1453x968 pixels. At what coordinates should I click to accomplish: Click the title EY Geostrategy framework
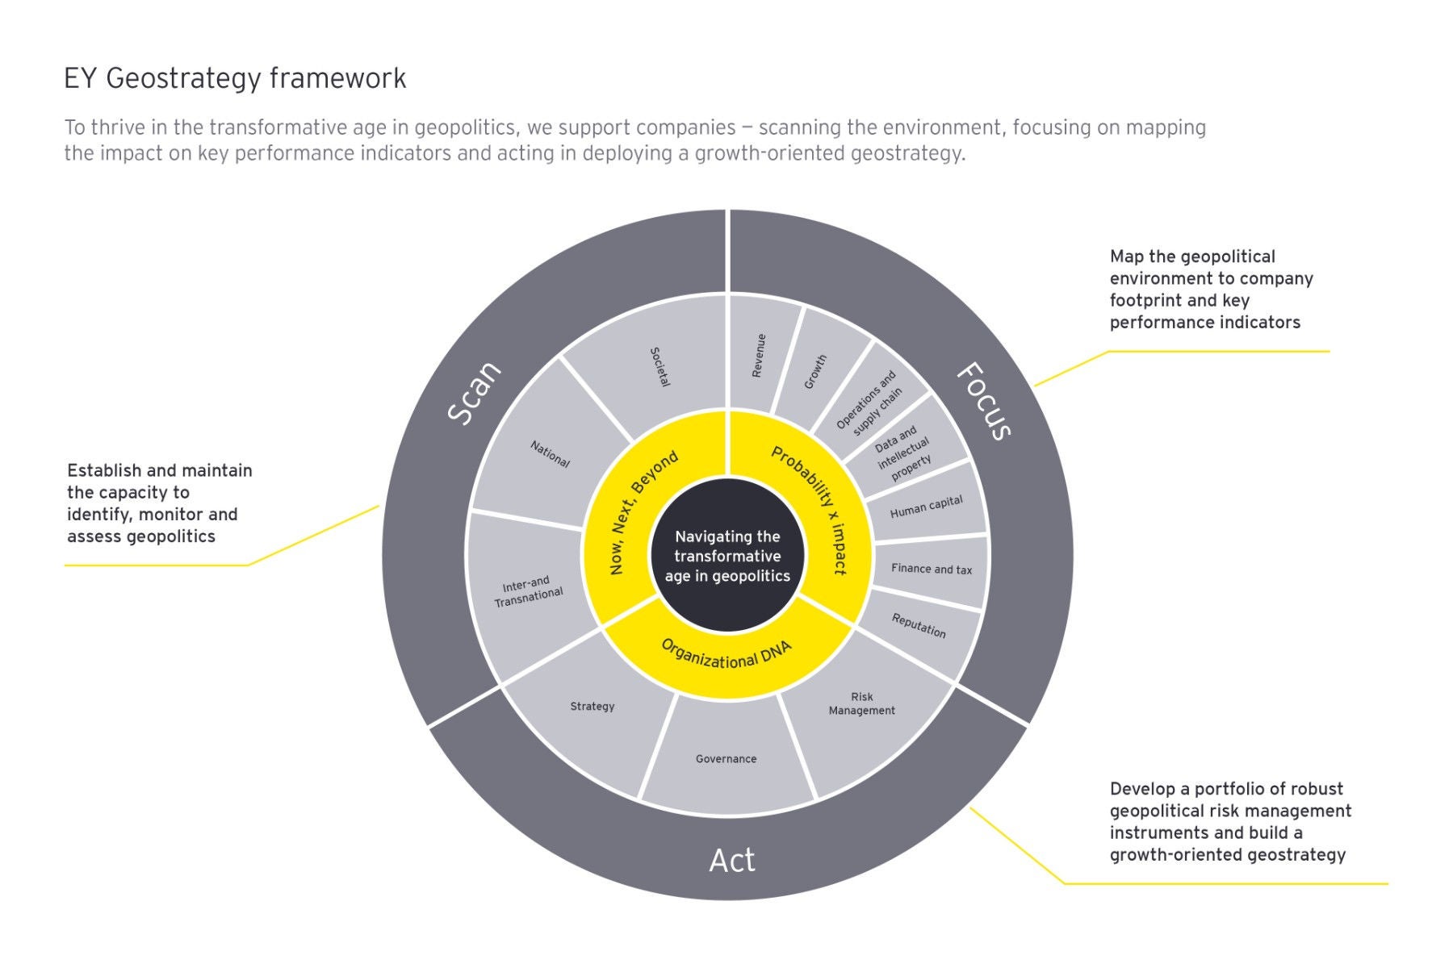point(235,79)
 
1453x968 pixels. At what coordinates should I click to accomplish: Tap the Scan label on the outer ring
point(475,393)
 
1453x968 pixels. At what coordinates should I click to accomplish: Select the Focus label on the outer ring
point(984,401)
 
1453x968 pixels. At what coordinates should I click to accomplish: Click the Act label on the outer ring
point(731,861)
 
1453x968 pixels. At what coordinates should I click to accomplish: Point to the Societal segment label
point(660,367)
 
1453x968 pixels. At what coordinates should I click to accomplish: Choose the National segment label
point(550,454)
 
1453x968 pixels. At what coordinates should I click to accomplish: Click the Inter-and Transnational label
point(528,591)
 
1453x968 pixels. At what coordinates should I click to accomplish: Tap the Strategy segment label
point(593,707)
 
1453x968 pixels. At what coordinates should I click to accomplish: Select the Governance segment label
point(726,759)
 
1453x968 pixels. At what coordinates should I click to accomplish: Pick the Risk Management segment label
point(861,703)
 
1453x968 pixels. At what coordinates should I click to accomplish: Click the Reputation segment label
point(919,625)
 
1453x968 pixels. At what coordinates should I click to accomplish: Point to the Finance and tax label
point(932,569)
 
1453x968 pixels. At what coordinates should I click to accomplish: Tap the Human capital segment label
point(926,507)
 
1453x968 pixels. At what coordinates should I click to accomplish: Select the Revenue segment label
point(759,356)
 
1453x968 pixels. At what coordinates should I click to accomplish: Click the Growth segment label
point(815,372)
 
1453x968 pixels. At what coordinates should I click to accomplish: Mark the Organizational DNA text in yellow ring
point(726,654)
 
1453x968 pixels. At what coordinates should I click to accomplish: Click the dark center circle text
point(727,556)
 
